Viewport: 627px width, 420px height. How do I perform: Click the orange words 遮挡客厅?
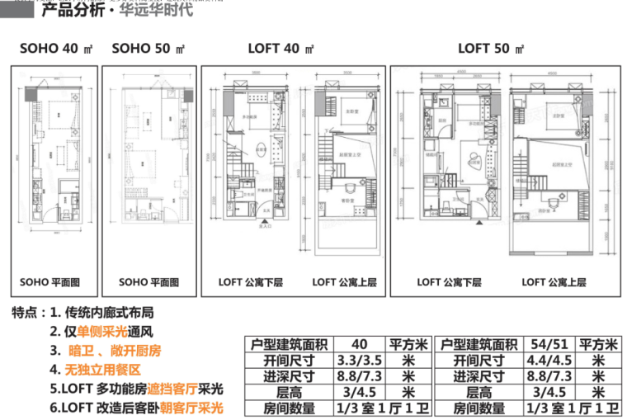(175, 389)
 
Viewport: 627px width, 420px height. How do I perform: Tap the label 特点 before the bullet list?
(27, 314)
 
